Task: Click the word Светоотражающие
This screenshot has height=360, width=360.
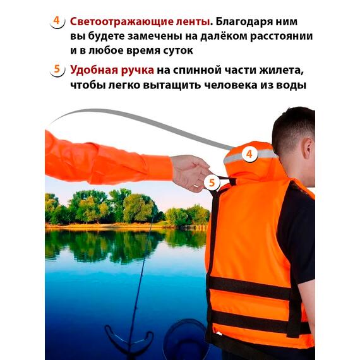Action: pos(116,20)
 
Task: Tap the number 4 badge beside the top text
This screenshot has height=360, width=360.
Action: pos(57,21)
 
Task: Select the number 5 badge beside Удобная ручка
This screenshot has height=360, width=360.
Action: pos(57,69)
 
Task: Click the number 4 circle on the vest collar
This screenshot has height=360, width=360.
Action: pos(249,153)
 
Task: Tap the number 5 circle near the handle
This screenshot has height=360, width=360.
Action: pos(212,184)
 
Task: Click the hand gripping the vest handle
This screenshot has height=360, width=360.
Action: pos(189,172)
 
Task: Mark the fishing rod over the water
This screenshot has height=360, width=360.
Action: pos(140,278)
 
